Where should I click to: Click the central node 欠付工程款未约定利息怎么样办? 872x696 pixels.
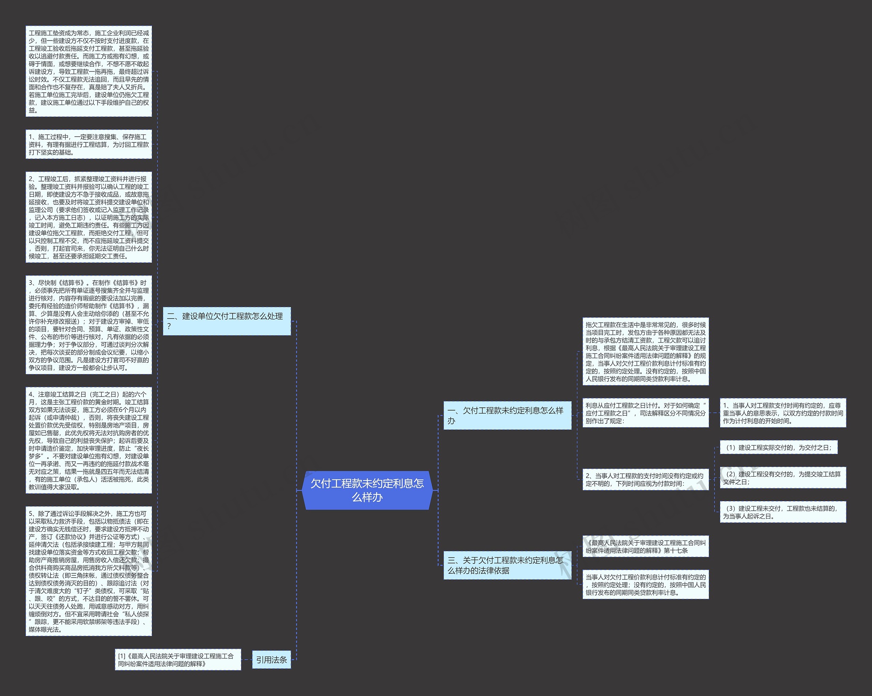pos(367,490)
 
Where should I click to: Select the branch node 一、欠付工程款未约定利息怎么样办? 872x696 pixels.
pos(507,415)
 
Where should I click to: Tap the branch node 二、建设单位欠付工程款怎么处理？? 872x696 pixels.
pos(227,321)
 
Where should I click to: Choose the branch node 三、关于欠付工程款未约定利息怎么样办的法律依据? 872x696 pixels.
pos(507,565)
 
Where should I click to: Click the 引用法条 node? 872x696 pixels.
pos(271,660)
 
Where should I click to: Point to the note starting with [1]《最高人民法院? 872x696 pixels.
pos(177,660)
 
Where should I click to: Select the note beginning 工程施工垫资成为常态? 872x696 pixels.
pos(89,72)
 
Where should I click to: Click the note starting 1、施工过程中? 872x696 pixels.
pos(89,144)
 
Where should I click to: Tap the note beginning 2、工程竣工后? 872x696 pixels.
pos(89,217)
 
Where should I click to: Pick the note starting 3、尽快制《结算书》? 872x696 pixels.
pos(89,325)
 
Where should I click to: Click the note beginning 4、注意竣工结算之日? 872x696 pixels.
pos(89,440)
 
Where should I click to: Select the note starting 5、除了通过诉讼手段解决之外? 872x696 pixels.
pos(89,571)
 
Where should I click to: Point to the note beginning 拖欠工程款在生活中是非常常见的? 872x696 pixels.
pos(645,352)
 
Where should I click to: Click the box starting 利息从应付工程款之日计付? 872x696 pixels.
pos(645,413)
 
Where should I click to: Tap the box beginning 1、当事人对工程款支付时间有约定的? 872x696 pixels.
pos(783,413)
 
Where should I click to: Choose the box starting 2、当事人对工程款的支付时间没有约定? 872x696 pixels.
pos(645,479)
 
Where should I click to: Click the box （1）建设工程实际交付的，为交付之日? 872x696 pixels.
pos(778,447)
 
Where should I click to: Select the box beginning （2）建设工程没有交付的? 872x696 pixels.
pos(783,478)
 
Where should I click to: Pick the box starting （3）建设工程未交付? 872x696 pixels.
pos(783,512)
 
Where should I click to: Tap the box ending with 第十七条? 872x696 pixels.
pos(645,546)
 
